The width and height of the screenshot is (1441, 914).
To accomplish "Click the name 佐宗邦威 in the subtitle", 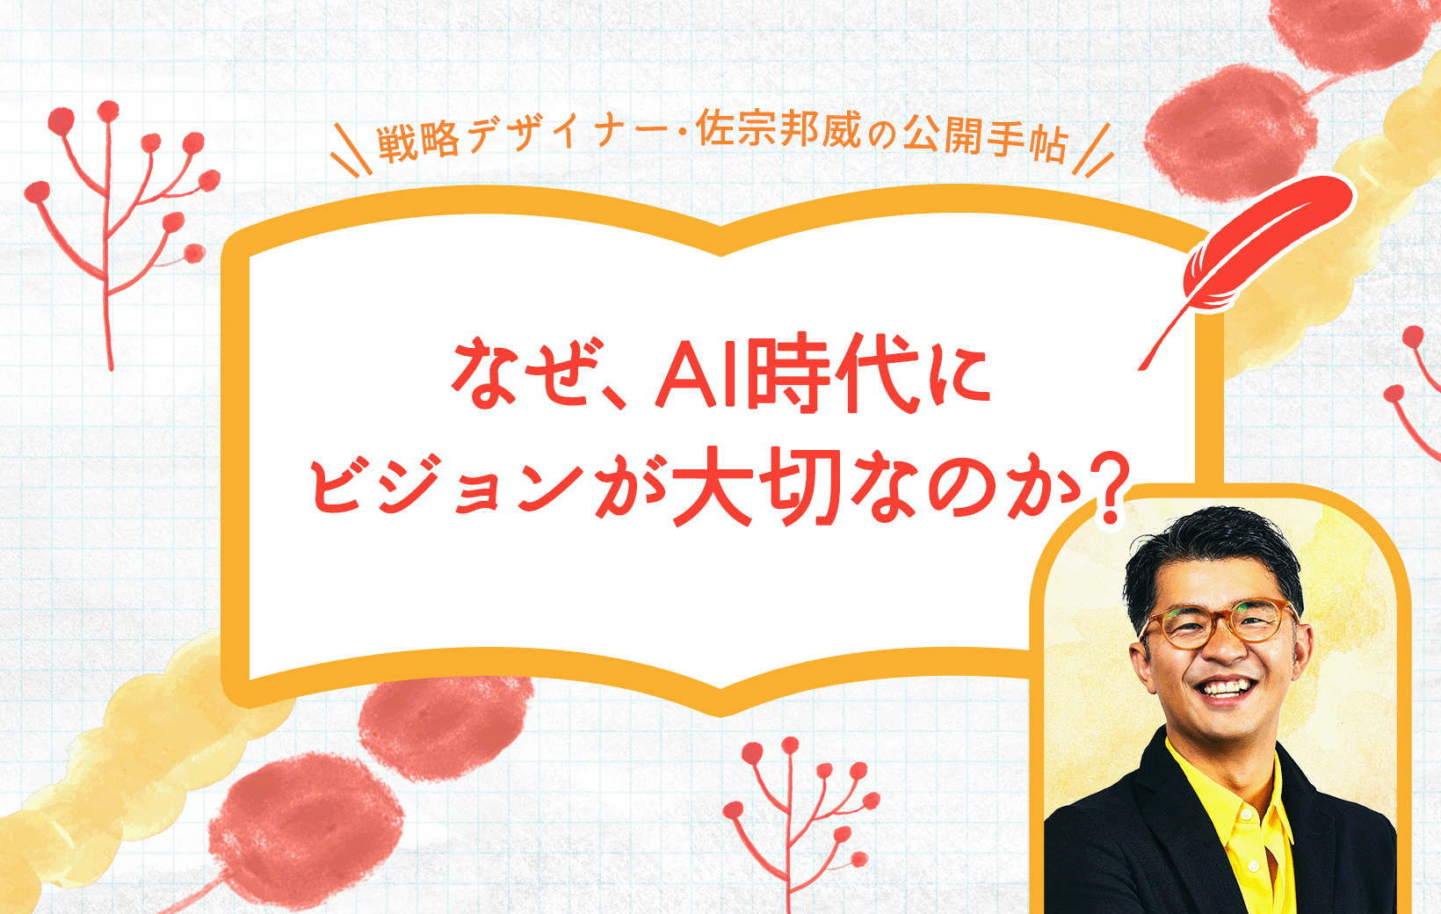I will (778, 132).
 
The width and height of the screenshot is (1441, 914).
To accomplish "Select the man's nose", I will (1227, 650).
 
